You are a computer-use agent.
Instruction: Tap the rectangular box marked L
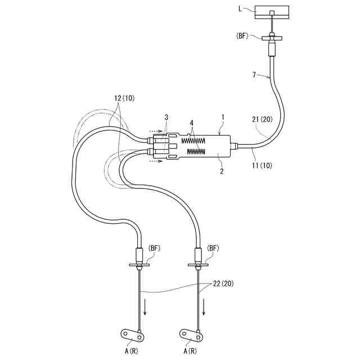(272, 12)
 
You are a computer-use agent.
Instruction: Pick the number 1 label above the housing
(223, 117)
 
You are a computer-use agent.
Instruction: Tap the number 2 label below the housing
(222, 170)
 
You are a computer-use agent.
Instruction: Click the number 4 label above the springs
(191, 121)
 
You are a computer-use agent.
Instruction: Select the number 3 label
(166, 117)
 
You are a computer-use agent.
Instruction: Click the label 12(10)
(124, 97)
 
